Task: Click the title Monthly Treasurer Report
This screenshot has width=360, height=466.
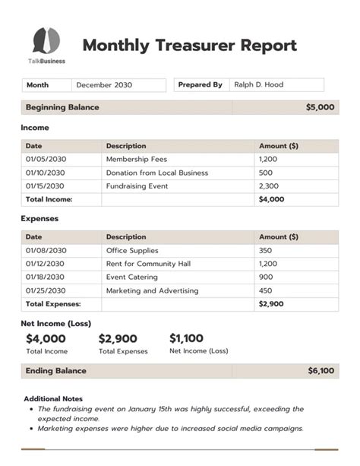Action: [x=189, y=45]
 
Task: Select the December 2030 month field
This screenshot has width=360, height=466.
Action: [x=103, y=85]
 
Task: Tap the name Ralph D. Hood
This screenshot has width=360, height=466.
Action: [x=258, y=85]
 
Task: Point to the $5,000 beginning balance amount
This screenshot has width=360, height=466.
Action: [x=320, y=108]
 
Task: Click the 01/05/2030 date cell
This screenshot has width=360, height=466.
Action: [x=46, y=160]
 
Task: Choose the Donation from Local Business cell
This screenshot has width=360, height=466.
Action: [x=156, y=173]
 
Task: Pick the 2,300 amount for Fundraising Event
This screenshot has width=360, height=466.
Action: [x=269, y=185]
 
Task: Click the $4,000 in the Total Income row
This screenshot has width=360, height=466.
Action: [x=270, y=199]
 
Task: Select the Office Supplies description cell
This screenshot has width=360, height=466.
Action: [x=132, y=250]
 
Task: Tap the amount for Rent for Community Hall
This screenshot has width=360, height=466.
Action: [x=269, y=264]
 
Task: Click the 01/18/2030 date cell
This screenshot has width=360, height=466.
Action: [x=46, y=277]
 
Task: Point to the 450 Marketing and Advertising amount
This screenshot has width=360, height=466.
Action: [x=265, y=290]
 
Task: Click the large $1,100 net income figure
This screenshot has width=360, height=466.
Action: [x=186, y=338]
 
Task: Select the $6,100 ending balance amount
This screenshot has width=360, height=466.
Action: [x=321, y=371]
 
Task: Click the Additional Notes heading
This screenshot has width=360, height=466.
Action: [x=53, y=398]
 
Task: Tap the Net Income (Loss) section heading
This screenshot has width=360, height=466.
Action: [x=55, y=323]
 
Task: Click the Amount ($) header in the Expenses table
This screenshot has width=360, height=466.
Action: [x=278, y=236]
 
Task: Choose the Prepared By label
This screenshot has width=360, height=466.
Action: [x=200, y=85]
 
